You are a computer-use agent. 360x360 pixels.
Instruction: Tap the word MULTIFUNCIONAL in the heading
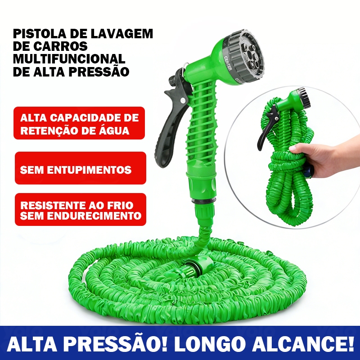pos(69,59)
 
